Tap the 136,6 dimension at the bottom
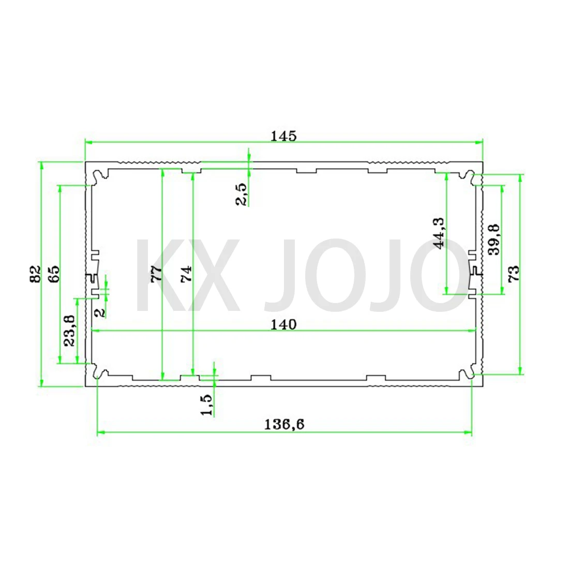(x=284, y=424)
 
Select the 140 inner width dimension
(x=284, y=324)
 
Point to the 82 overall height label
(x=35, y=274)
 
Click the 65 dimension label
(x=53, y=274)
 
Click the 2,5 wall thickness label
(x=241, y=194)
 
